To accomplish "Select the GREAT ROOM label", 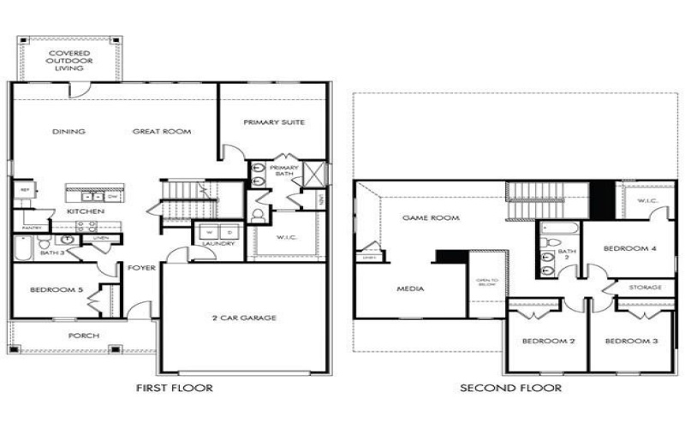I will [x=162, y=132].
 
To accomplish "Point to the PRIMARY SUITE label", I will [x=273, y=122].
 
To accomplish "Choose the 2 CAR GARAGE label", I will [x=244, y=318].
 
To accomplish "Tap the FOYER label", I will [x=141, y=268].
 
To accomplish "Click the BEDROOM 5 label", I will [x=57, y=290].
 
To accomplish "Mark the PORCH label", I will [x=83, y=336].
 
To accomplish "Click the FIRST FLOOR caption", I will [x=175, y=388].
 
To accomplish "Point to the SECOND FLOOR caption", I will [x=510, y=388].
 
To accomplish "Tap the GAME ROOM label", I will [x=431, y=218].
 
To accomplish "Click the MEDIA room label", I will [x=411, y=289].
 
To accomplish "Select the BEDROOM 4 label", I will [x=629, y=248].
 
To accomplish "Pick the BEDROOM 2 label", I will [x=547, y=342].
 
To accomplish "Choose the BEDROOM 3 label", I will [x=631, y=342].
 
